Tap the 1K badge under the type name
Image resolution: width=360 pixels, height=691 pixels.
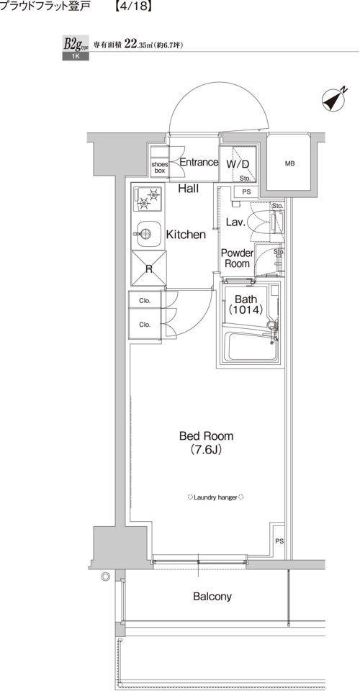[x=76, y=56]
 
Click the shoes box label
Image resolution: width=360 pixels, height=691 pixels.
[x=160, y=167]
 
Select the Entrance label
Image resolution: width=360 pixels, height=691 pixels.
[x=199, y=162]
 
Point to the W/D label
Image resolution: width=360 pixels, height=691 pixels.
[x=238, y=164]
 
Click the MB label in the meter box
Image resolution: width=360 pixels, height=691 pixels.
[x=289, y=164]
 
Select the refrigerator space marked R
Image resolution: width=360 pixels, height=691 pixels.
[x=149, y=268]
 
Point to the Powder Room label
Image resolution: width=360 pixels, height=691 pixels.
[x=237, y=258]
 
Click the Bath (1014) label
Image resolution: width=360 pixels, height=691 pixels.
[x=246, y=304]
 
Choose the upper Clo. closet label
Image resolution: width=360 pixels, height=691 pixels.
[x=145, y=301]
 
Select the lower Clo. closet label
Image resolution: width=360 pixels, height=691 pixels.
[x=145, y=325]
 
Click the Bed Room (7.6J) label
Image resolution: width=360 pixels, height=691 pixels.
[x=206, y=443]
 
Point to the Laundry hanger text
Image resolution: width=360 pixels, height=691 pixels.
[x=216, y=497]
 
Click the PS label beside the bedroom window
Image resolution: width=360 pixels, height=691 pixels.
[x=279, y=541]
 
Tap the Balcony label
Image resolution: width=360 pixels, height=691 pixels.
[x=212, y=597]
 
